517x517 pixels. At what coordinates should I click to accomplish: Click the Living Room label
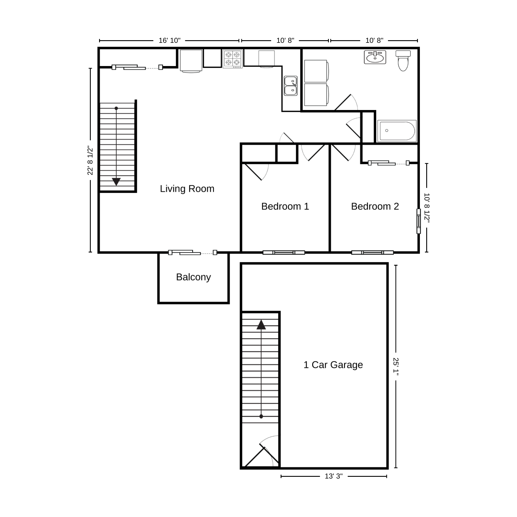click(x=187, y=189)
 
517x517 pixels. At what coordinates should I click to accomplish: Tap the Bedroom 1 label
click(x=285, y=206)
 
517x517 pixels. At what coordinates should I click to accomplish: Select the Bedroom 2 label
click(x=375, y=206)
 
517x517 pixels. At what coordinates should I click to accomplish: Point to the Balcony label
click(x=193, y=277)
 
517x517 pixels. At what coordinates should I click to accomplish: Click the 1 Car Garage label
click(x=333, y=365)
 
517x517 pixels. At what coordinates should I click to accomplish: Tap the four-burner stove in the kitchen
click(x=233, y=59)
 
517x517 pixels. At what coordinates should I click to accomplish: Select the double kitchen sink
click(x=291, y=86)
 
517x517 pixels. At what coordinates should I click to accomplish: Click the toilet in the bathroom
click(x=403, y=61)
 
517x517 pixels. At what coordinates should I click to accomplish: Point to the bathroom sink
click(x=375, y=57)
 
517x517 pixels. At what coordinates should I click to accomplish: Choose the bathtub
click(x=397, y=131)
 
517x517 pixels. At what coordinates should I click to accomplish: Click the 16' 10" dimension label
click(x=169, y=40)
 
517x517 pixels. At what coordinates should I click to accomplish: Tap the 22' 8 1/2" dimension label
click(x=90, y=160)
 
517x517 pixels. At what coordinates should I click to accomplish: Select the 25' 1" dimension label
click(x=396, y=366)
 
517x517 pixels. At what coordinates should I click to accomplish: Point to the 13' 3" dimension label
click(x=334, y=476)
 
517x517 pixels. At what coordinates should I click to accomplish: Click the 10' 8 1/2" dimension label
click(x=427, y=208)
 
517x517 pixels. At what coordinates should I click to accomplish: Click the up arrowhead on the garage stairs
click(x=261, y=325)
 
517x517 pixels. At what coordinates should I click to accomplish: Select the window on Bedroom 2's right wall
click(x=418, y=221)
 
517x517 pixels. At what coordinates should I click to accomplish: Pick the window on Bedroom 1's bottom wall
click(x=284, y=252)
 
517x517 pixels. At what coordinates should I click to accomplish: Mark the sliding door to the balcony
click(x=192, y=252)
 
